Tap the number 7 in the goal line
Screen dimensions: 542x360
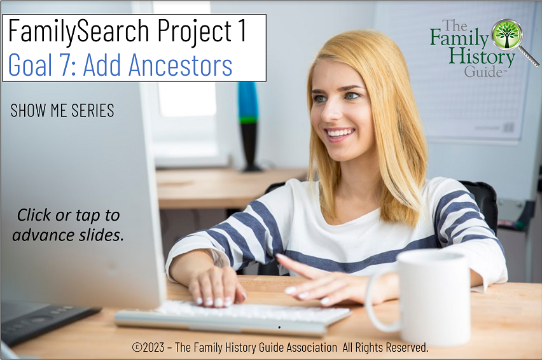click(64, 64)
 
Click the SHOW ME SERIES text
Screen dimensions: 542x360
click(62, 111)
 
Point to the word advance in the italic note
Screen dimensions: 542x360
click(43, 235)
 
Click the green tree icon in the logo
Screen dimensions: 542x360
click(507, 34)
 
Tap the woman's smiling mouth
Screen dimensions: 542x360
click(340, 134)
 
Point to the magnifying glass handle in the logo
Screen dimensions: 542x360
click(530, 57)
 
